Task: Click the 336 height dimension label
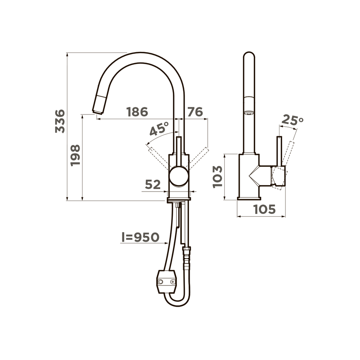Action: [x=60, y=121]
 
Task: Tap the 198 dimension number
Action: [x=75, y=155]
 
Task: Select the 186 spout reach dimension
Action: [x=137, y=112]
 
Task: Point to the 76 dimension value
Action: [x=195, y=112]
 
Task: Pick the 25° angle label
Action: [x=292, y=120]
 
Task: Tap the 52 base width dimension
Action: [x=153, y=184]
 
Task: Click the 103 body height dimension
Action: [x=218, y=177]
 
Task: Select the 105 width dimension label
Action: [x=264, y=209]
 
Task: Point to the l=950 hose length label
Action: [x=140, y=237]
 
